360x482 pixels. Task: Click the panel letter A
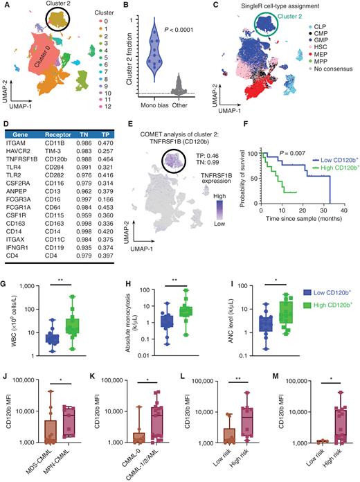[x=5, y=6]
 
